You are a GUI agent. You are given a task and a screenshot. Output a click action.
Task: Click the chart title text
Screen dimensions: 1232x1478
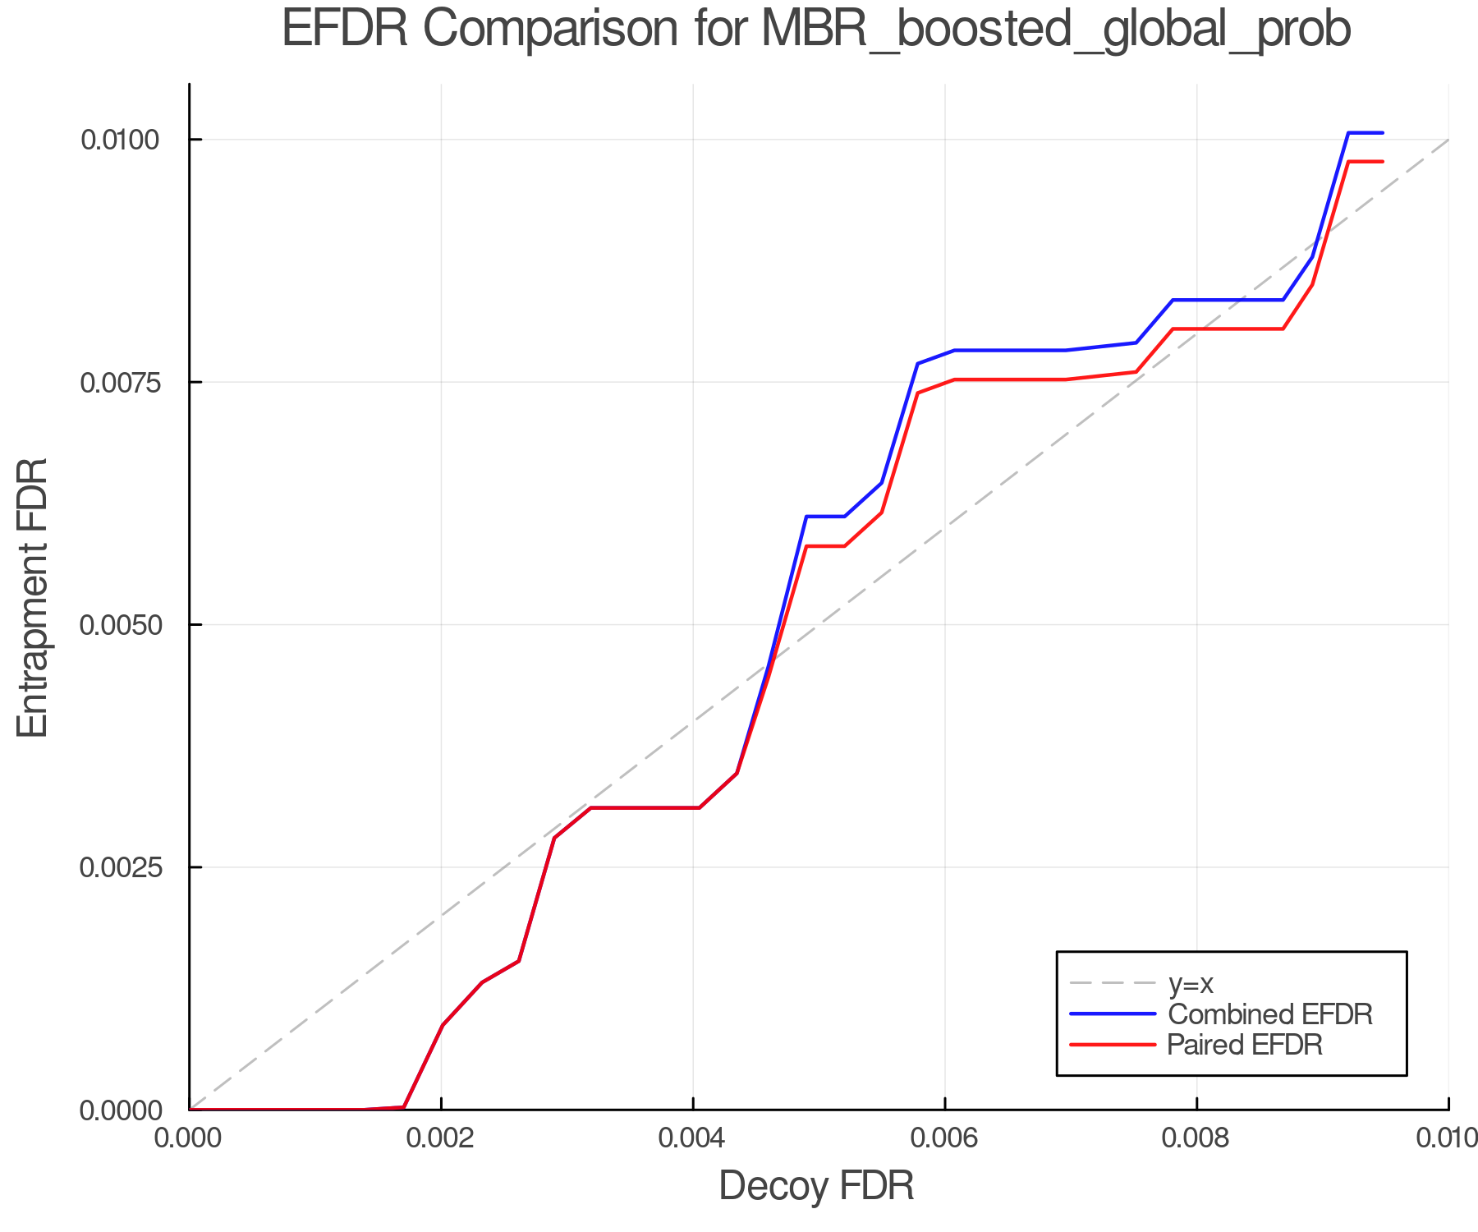coord(816,30)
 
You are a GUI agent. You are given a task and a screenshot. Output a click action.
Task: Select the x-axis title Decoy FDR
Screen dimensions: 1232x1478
coord(816,1186)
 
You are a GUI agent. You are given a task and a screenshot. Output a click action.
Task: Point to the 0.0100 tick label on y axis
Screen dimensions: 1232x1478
coord(119,140)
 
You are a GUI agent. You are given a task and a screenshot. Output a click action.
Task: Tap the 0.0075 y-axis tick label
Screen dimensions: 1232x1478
coord(119,382)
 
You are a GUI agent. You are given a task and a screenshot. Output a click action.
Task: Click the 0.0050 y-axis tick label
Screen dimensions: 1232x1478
coord(119,625)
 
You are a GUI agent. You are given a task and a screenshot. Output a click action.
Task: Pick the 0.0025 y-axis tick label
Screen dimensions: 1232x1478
coord(119,867)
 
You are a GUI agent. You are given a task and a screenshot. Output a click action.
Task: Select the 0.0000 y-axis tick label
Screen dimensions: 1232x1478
coord(119,1110)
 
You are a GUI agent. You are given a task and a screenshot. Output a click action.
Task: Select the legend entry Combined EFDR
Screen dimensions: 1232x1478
coord(1269,1014)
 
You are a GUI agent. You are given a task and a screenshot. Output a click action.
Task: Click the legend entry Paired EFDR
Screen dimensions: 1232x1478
coord(1245,1045)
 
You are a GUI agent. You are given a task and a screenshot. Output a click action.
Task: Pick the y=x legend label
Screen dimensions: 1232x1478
coord(1191,983)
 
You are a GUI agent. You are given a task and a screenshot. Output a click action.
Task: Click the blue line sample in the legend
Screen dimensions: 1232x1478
coord(1113,1014)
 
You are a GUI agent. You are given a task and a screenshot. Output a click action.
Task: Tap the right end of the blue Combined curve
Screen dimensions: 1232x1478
coord(1383,132)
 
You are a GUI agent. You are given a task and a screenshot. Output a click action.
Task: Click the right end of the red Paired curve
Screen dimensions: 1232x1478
coord(1383,162)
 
